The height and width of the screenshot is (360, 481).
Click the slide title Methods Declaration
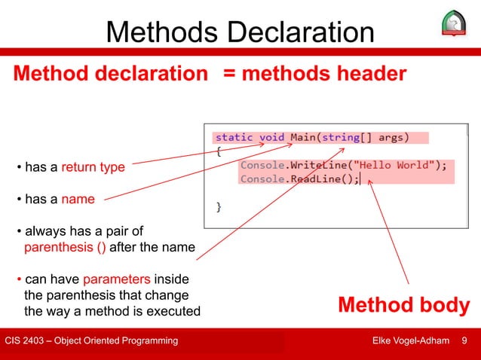240,32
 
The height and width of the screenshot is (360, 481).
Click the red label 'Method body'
404,306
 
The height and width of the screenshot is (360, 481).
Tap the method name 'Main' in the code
303,137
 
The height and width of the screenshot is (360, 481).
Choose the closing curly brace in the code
219,206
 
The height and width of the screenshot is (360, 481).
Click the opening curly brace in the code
219,151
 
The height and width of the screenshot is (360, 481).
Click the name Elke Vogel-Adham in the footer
412,342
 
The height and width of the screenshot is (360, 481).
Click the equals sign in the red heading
228,74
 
